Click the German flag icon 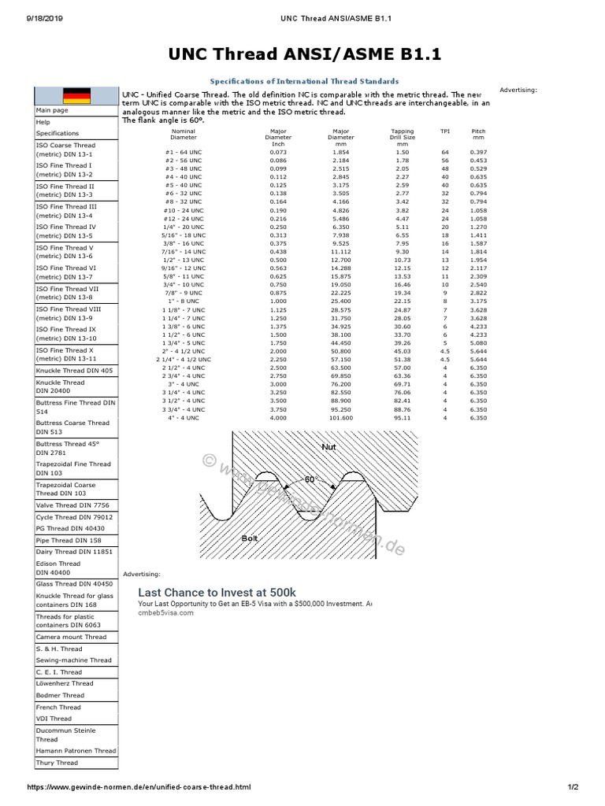[76, 96]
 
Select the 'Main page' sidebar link [52, 111]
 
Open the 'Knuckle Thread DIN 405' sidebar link [74, 370]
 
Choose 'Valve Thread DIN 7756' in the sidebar [72, 505]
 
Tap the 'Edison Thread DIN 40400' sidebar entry [58, 568]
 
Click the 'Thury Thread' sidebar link [57, 763]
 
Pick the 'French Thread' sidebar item [58, 707]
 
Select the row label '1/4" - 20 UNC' [184, 226]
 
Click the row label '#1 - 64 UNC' [184, 151]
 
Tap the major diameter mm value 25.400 [341, 301]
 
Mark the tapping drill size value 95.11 [402, 418]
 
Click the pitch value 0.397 [478, 151]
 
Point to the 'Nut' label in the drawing [328, 446]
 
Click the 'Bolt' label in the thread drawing [251, 538]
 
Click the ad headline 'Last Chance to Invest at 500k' [217, 592]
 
